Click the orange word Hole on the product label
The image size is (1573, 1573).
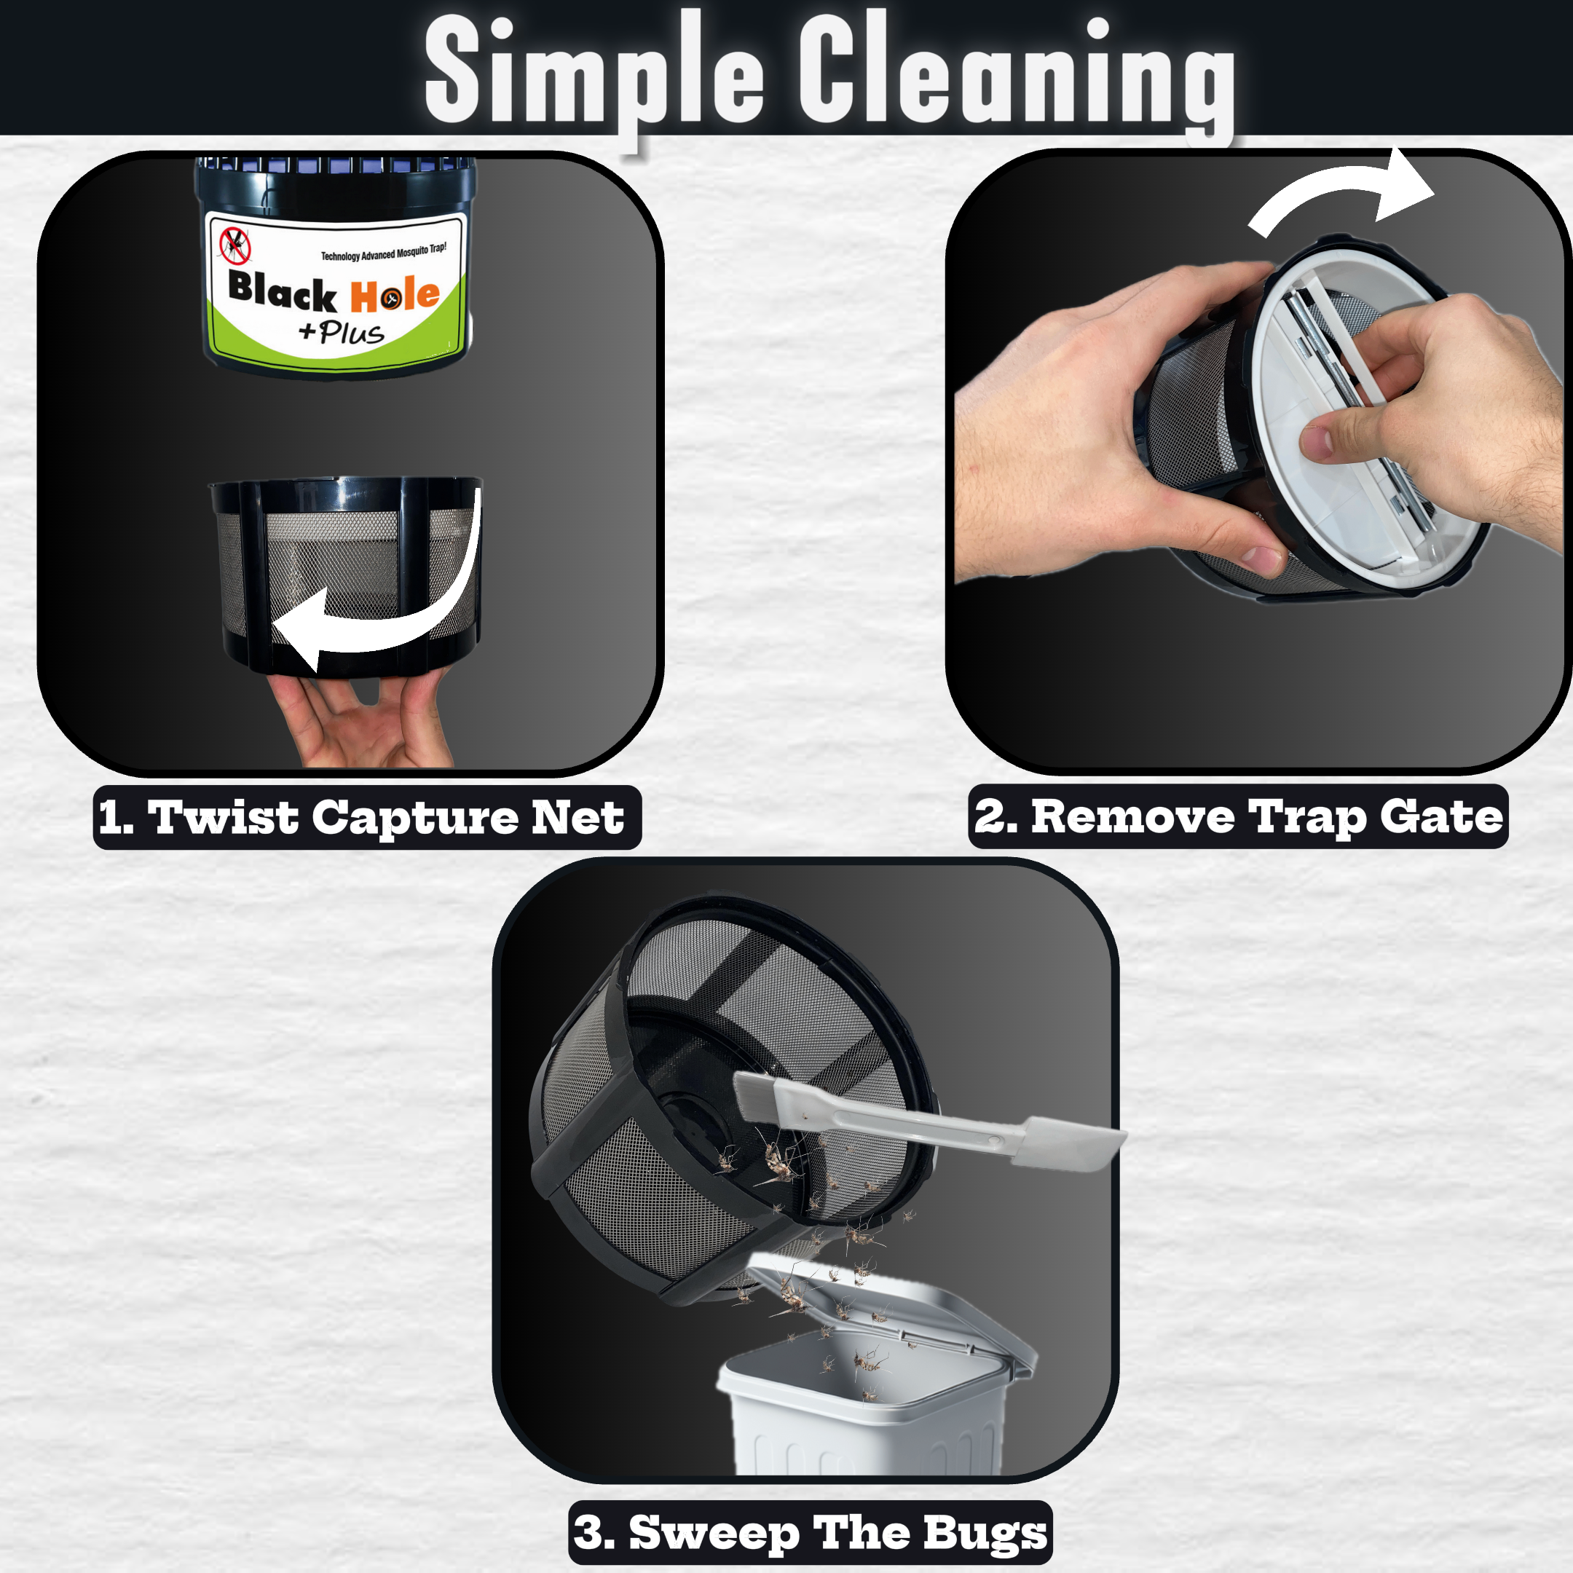[395, 296]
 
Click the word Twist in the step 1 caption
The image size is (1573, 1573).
[223, 816]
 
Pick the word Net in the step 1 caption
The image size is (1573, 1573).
[578, 816]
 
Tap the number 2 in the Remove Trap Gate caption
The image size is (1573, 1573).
[988, 816]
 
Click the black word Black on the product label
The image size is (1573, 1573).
[283, 291]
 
